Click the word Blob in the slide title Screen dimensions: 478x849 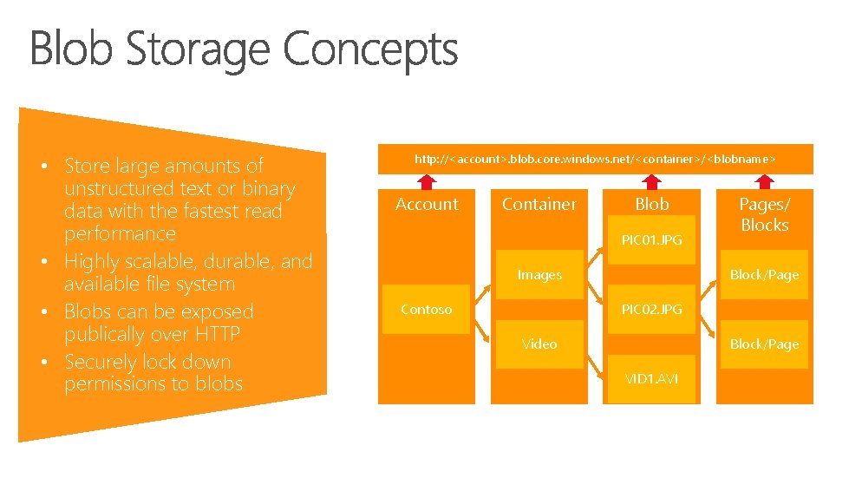point(72,49)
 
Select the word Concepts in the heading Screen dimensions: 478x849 point(370,50)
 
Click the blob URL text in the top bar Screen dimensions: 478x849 point(595,159)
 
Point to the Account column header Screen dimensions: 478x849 point(427,204)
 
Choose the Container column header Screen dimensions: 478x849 point(539,204)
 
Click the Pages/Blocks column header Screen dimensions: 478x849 point(764,214)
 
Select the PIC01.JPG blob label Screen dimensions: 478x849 point(651,239)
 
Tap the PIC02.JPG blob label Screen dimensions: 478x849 point(651,309)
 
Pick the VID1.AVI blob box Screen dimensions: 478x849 point(651,379)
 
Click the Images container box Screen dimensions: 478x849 point(539,275)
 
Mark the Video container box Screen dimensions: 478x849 point(539,344)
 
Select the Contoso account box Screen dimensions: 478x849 point(427,310)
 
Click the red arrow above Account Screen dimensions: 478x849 point(427,180)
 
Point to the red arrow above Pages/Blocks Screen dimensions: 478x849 point(764,180)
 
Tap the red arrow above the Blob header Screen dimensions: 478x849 point(651,180)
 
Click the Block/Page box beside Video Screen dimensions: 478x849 point(764,344)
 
